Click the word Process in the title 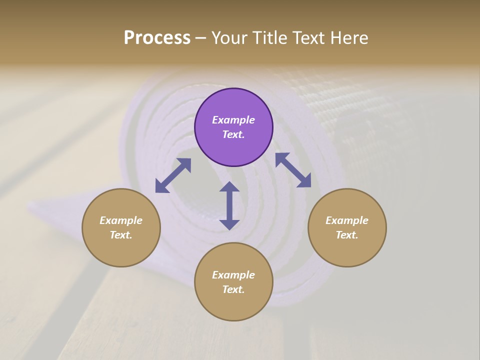[157, 38]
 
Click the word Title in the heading [270, 38]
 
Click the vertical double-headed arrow [229, 205]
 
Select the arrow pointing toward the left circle [173, 175]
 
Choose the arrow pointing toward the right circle [293, 170]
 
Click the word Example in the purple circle [233, 120]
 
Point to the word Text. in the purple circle [233, 134]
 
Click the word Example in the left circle [121, 220]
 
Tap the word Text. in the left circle [121, 235]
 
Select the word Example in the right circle [347, 220]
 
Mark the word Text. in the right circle [347, 235]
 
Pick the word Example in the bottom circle [233, 275]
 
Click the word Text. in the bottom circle [233, 289]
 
